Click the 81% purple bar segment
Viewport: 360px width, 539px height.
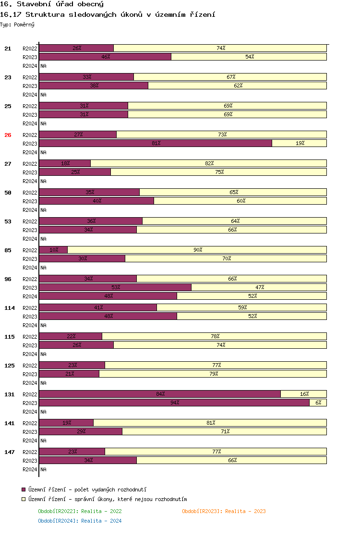coord(156,143)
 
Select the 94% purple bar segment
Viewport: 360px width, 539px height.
coord(174,403)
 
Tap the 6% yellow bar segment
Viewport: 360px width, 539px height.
coord(318,403)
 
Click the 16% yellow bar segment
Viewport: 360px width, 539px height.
coord(303,394)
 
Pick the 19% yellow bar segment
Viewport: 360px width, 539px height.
coord(299,143)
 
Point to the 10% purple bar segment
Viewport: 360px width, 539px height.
coord(53,250)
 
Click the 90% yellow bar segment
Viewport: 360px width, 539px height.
coord(197,250)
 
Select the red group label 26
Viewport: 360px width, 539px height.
coord(8,135)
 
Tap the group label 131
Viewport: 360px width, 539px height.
coord(10,394)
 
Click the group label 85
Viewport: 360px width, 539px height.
coord(8,250)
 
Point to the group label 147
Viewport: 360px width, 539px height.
coord(10,452)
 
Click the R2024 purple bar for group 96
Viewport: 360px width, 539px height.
coord(108,296)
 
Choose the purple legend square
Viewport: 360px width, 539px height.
coord(23,489)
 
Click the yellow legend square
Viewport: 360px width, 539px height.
coord(23,500)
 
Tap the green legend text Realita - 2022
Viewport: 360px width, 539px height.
coord(101,511)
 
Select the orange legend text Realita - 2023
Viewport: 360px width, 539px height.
coord(245,511)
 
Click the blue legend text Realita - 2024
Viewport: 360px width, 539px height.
coord(101,521)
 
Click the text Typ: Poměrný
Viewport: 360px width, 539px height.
coord(17,24)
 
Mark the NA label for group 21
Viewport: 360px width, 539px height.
coord(43,66)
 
